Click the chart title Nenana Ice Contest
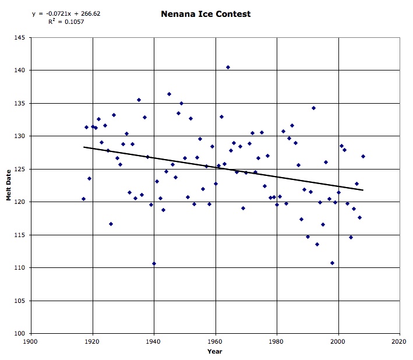[206, 13]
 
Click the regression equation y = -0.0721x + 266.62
[66, 13]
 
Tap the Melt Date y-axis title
[9, 186]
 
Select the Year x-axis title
[215, 351]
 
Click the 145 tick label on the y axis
[20, 37]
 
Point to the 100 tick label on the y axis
[20, 334]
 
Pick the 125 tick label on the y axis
[20, 169]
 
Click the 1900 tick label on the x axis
[31, 341]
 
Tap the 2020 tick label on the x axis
[400, 341]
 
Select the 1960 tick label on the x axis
[216, 341]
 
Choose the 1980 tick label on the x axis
[277, 341]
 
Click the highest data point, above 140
[228, 67]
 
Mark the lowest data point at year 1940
[154, 263]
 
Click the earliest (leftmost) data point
[83, 199]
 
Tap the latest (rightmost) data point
[363, 156]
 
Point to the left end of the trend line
[84, 147]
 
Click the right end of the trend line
[363, 190]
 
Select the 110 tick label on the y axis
[20, 268]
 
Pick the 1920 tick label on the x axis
[93, 341]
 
